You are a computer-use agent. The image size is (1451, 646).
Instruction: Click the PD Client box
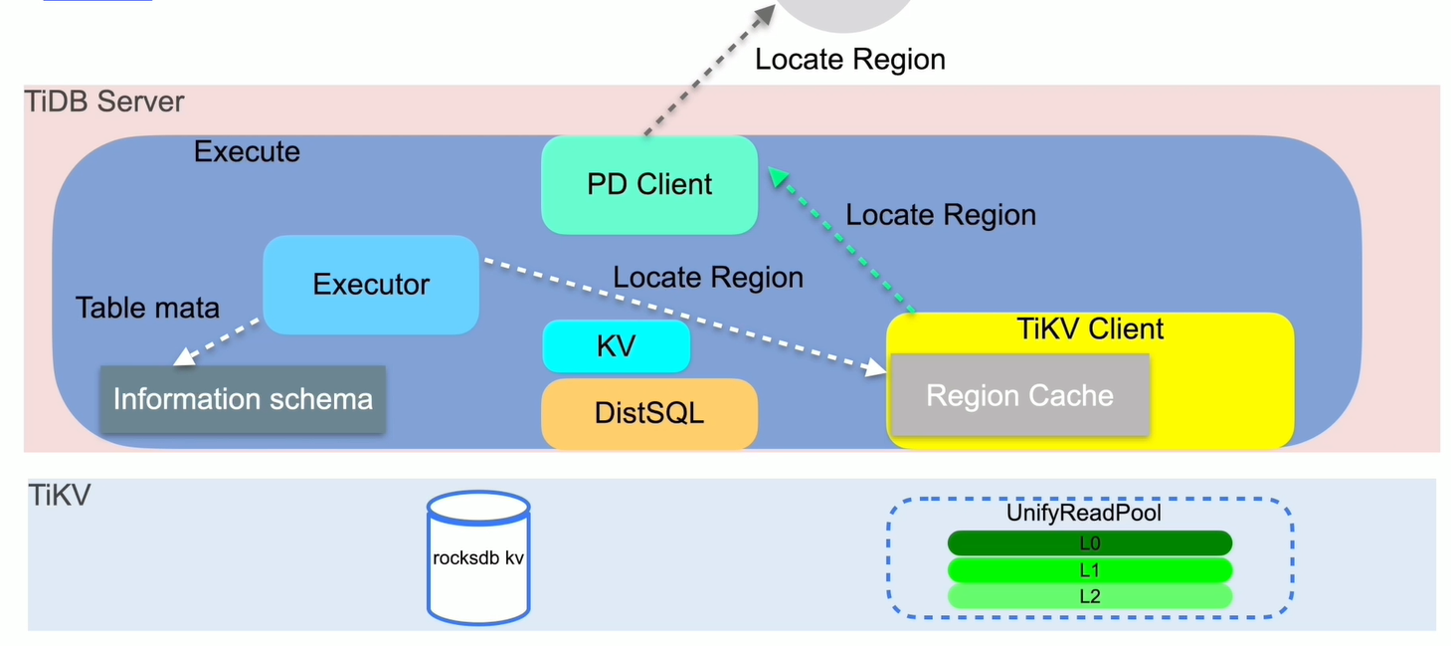(649, 185)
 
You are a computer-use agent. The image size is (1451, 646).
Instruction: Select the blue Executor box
(371, 285)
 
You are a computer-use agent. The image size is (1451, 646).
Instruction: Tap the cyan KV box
(616, 346)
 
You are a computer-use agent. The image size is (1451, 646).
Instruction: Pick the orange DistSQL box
(649, 412)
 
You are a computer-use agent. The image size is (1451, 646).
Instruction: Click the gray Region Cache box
(1019, 395)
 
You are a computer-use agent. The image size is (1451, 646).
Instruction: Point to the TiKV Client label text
(1090, 329)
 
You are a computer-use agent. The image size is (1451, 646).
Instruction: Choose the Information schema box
(243, 399)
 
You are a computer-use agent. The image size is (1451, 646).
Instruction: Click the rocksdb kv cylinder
(478, 557)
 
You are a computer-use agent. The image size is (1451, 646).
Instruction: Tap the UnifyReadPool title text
(1084, 514)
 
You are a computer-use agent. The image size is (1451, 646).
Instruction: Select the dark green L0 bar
(1089, 543)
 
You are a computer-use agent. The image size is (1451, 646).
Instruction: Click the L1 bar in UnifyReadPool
(1089, 570)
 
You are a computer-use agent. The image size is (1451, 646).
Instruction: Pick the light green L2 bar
(1089, 596)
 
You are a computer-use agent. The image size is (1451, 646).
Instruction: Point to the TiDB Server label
(104, 102)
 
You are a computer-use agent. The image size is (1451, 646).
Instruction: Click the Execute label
(247, 152)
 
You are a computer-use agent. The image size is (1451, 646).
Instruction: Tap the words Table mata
(147, 308)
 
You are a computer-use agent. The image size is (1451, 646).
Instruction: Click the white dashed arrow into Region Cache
(686, 317)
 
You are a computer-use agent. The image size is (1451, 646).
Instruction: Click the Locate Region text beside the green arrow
(940, 215)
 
